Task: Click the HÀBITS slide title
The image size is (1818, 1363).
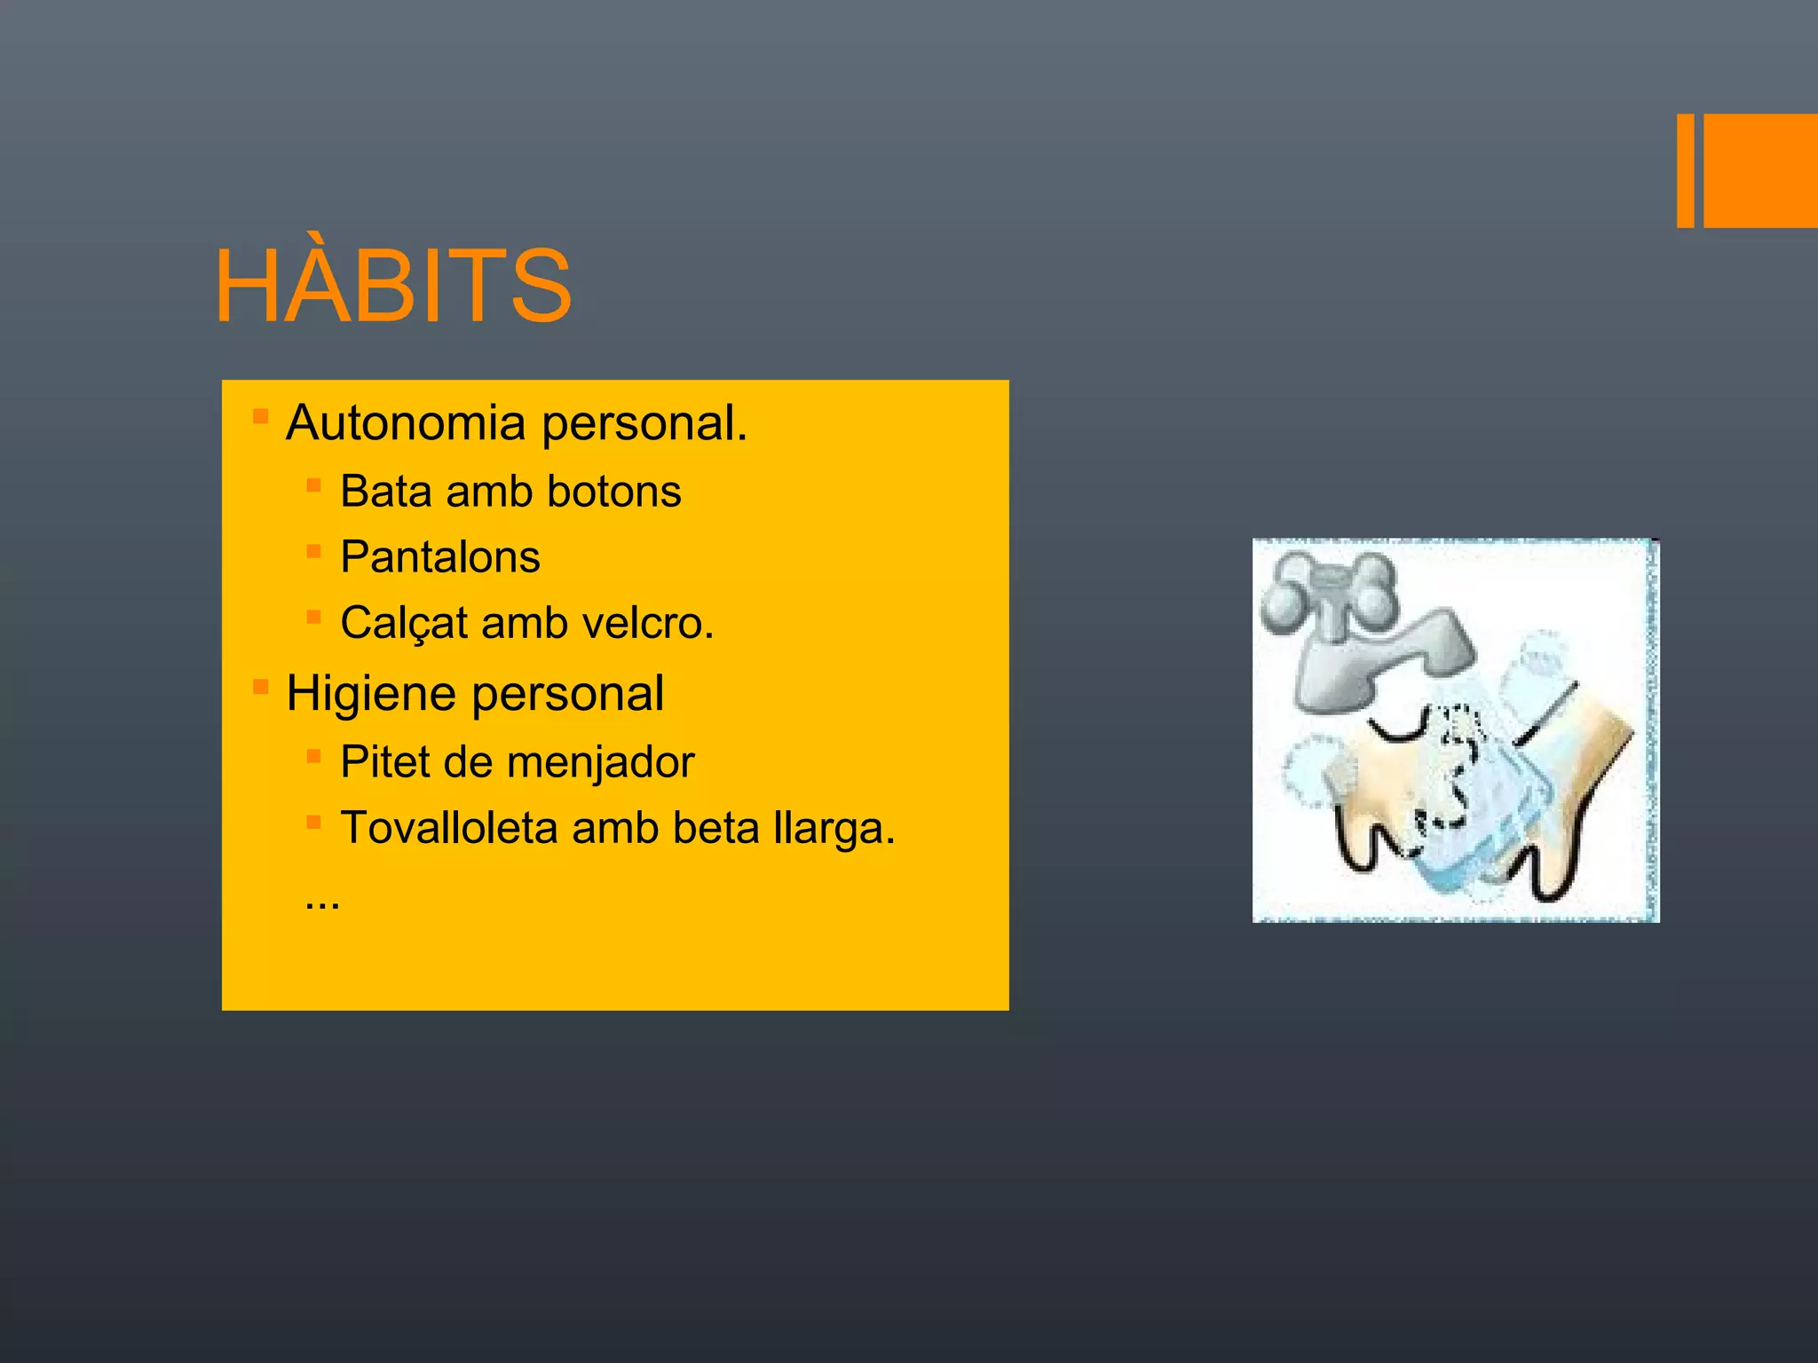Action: [x=393, y=286]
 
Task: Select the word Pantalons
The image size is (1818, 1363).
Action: [x=440, y=557]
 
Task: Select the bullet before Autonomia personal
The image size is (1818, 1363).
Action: [x=260, y=416]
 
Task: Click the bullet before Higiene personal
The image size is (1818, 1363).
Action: [x=260, y=687]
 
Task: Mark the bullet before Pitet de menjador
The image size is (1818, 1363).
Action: [x=313, y=756]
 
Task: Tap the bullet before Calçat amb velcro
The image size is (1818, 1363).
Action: [x=313, y=617]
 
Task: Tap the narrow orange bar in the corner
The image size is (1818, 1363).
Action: [x=1685, y=170]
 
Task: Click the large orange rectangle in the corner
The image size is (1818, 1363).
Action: [x=1760, y=170]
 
